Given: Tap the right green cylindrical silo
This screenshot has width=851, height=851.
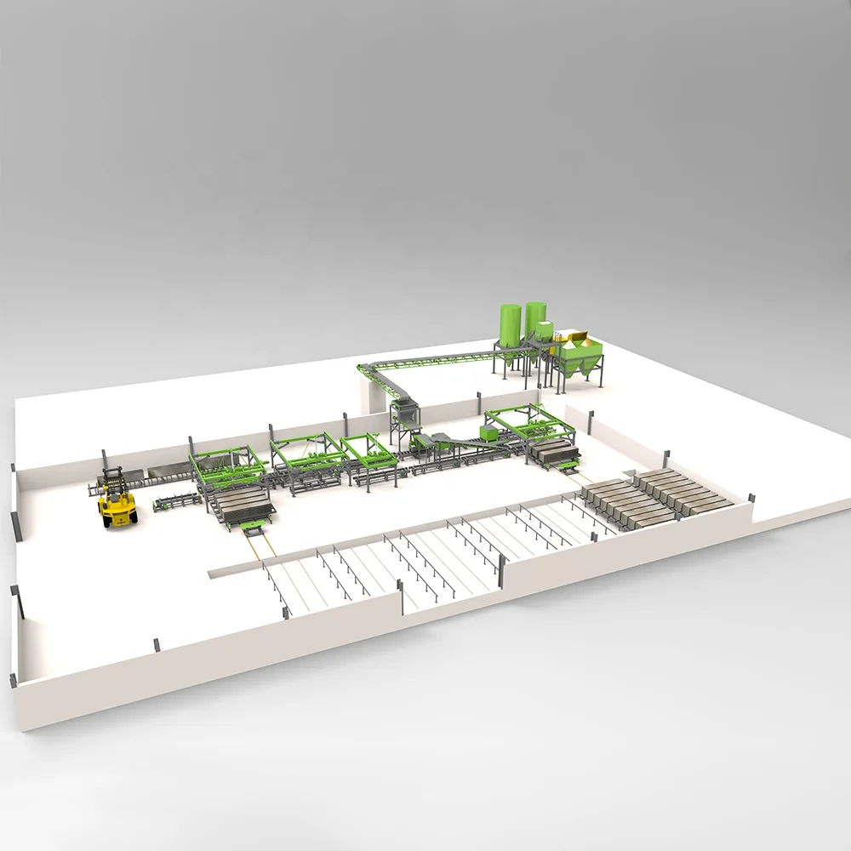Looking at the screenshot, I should (x=535, y=319).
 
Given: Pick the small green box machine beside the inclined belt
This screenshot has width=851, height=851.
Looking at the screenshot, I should (x=489, y=432).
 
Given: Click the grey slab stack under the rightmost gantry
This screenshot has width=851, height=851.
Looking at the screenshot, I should (x=553, y=455).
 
